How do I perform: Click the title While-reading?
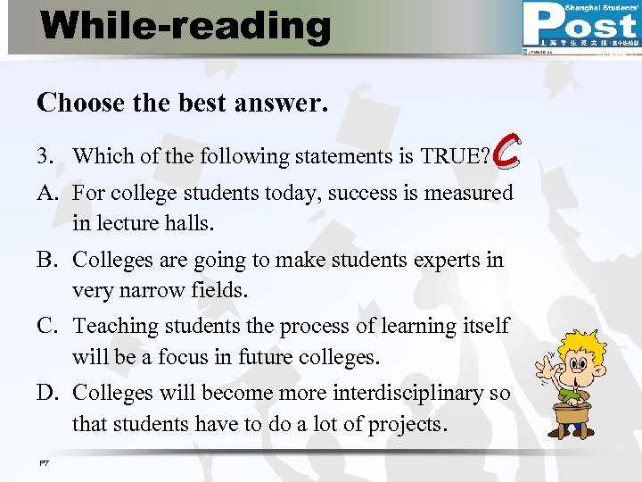[185, 26]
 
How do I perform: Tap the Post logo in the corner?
[580, 27]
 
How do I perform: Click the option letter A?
[46, 193]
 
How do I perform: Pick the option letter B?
[46, 260]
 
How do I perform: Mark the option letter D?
[47, 394]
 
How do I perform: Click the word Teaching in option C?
[113, 327]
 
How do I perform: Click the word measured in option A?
[468, 193]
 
